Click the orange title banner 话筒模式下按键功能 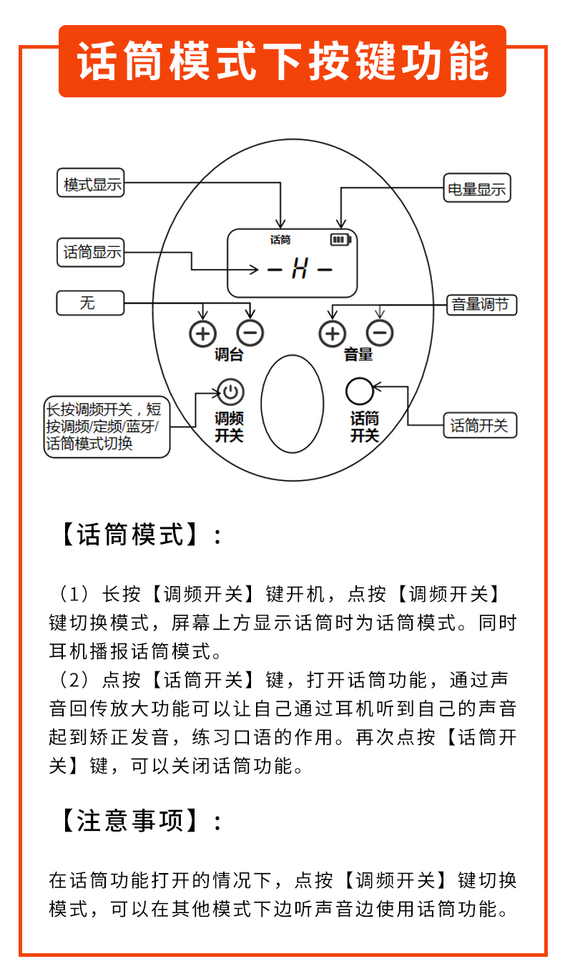(x=282, y=61)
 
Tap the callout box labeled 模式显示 (x=91, y=183)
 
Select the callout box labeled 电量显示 (x=476, y=189)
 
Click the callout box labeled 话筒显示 (x=91, y=252)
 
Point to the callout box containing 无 (x=89, y=303)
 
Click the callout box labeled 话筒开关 (x=479, y=425)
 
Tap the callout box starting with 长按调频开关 (x=107, y=427)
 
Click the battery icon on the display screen (x=341, y=239)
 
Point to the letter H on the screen (x=299, y=270)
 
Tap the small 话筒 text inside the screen (x=280, y=240)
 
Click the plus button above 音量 (x=332, y=333)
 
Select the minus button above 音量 (x=380, y=333)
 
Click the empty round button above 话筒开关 (x=360, y=391)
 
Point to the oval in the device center (x=292, y=404)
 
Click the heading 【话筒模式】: (x=139, y=535)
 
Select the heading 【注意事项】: (x=139, y=821)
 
